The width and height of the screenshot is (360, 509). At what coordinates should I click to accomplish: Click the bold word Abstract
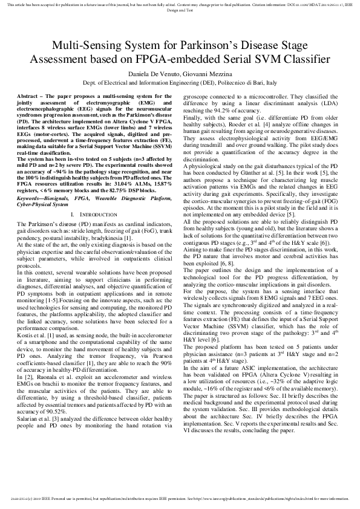[28, 97]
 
